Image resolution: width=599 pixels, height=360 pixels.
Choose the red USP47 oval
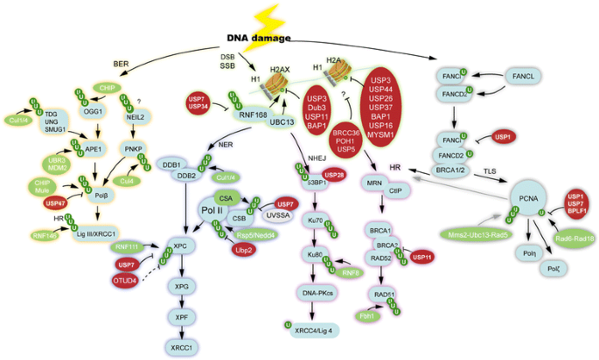tap(55, 203)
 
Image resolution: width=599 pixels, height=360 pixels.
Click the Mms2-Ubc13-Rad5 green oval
tap(477, 234)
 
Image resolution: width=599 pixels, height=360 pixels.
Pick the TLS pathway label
tap(491, 171)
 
